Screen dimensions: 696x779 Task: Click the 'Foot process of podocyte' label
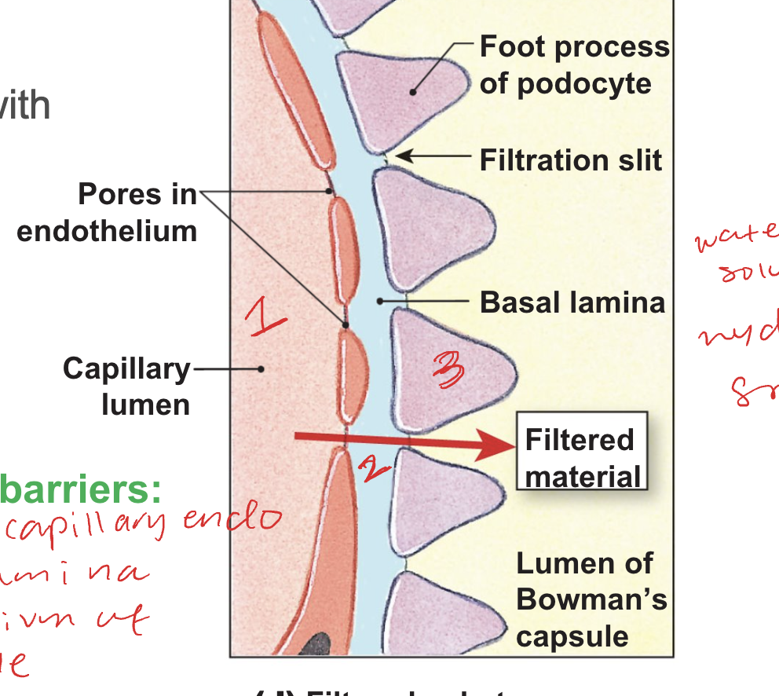click(574, 65)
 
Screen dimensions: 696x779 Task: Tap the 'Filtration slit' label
click(571, 160)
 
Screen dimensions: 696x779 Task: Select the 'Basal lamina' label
click(572, 302)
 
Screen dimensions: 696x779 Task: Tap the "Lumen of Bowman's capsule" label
click(591, 599)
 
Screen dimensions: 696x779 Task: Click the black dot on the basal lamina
click(380, 300)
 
